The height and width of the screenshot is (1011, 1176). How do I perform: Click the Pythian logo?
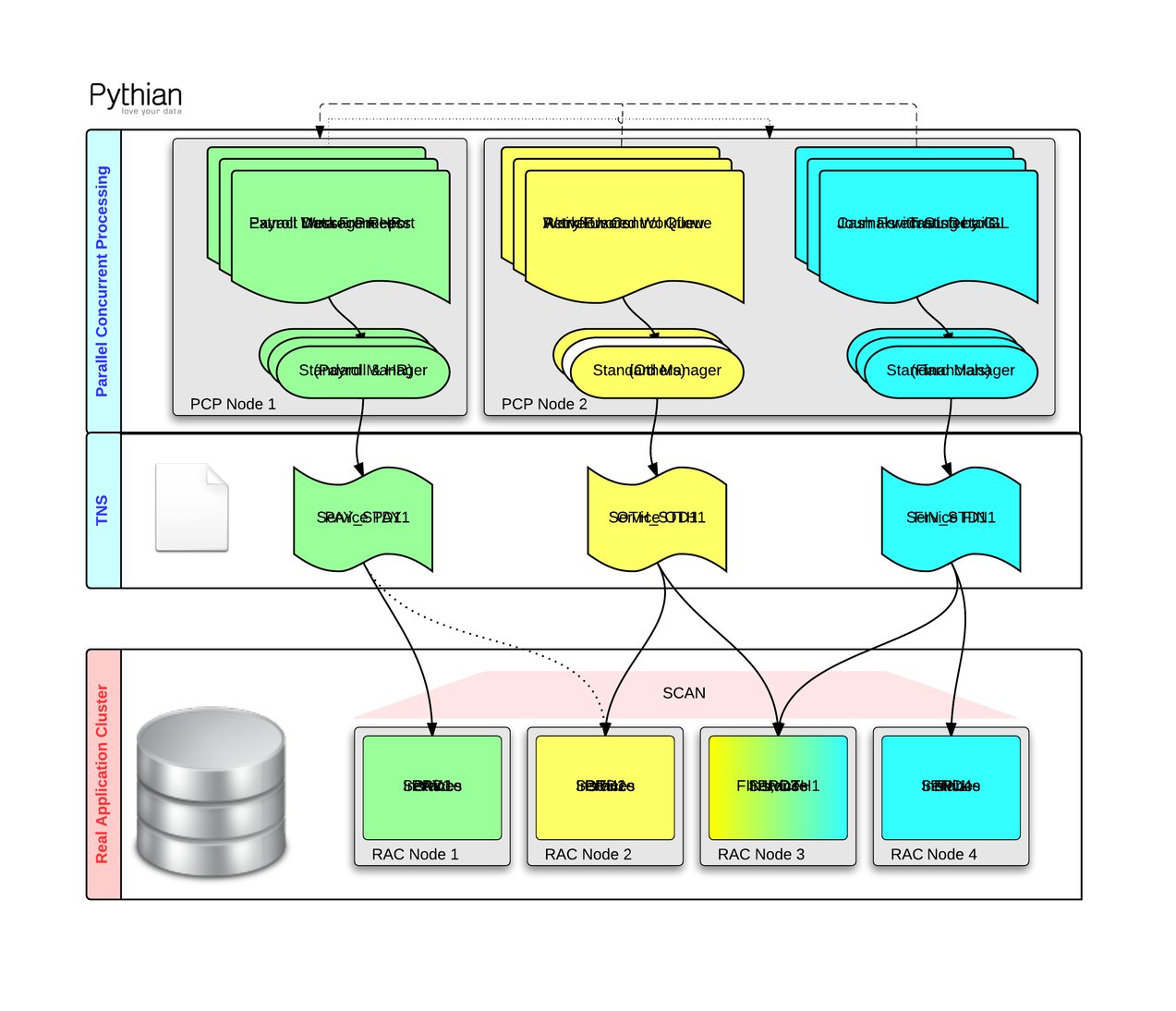[x=135, y=97]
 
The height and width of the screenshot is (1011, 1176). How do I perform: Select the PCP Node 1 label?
[x=233, y=404]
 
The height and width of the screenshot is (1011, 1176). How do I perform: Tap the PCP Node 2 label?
[x=544, y=404]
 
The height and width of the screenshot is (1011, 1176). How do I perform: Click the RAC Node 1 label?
[x=415, y=854]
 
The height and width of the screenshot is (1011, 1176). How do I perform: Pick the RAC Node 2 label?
[x=588, y=854]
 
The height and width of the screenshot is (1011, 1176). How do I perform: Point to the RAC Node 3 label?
[x=760, y=854]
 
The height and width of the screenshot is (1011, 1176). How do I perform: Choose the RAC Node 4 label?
[x=933, y=854]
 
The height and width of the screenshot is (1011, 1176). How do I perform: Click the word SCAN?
[x=684, y=693]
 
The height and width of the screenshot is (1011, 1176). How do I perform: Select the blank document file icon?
[x=191, y=507]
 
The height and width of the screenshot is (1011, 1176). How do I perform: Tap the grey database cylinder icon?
[x=212, y=791]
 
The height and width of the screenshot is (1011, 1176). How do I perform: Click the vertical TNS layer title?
[x=103, y=510]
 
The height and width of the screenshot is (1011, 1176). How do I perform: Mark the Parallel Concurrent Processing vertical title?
[x=103, y=281]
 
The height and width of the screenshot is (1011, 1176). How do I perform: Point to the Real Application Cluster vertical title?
[x=103, y=774]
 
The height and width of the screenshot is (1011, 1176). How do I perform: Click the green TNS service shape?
[x=362, y=518]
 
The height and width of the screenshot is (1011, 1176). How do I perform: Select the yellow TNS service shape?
[x=656, y=518]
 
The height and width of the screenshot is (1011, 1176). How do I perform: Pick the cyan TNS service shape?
[x=951, y=518]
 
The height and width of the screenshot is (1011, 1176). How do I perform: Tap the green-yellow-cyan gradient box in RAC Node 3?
[x=778, y=786]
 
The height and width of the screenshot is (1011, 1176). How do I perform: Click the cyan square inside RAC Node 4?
[x=951, y=786]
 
